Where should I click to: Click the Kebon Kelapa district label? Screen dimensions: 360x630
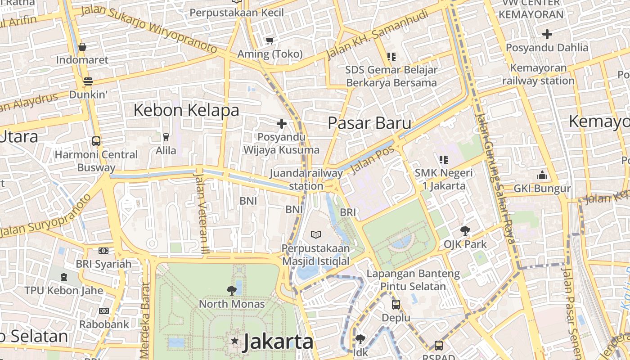click(x=186, y=110)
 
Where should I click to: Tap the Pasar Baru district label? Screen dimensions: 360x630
click(x=369, y=123)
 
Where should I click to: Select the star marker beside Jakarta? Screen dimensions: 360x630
click(x=234, y=341)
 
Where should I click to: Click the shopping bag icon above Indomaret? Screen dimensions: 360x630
click(x=82, y=47)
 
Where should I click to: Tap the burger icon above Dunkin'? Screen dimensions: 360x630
click(x=88, y=81)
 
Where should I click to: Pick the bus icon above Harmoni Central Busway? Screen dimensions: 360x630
click(x=96, y=141)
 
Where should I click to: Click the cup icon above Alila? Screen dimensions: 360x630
click(x=166, y=137)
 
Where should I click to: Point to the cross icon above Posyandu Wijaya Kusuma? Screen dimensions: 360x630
click(x=282, y=123)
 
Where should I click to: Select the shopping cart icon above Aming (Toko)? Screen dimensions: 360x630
click(x=270, y=41)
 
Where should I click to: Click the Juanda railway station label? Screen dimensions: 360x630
click(x=306, y=180)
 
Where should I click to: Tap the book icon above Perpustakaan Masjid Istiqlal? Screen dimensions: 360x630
click(x=316, y=234)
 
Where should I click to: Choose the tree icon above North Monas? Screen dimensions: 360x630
click(x=232, y=290)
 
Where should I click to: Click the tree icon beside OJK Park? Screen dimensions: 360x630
click(x=465, y=231)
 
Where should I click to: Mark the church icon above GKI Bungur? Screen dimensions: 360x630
click(x=542, y=175)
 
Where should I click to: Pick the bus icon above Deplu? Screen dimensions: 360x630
click(x=396, y=304)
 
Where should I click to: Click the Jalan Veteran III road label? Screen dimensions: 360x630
click(x=201, y=211)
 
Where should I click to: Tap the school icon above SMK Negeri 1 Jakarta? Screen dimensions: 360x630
click(x=444, y=159)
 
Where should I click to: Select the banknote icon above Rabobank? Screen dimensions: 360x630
click(x=104, y=310)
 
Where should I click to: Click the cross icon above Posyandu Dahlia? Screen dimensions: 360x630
click(x=547, y=34)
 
